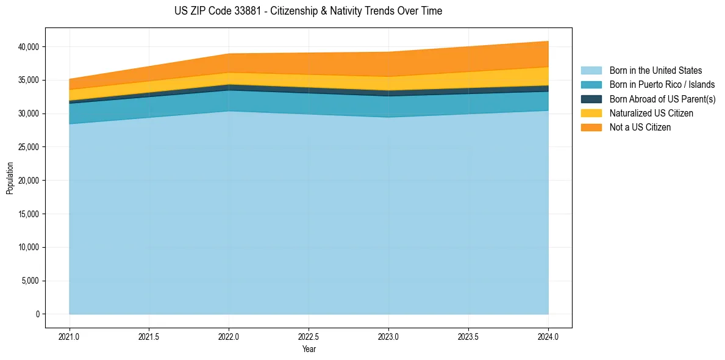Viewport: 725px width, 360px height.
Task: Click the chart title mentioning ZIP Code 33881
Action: click(x=308, y=11)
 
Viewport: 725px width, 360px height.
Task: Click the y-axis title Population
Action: click(x=10, y=178)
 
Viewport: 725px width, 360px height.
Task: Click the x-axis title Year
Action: click(x=309, y=349)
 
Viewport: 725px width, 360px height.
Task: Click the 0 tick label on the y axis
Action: click(x=37, y=314)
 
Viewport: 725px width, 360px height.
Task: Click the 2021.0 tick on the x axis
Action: click(x=70, y=336)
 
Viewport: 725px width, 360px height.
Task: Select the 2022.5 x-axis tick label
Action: click(x=309, y=336)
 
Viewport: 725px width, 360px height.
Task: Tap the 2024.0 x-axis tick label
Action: click(x=548, y=336)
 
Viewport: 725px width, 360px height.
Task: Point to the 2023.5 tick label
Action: click(x=468, y=336)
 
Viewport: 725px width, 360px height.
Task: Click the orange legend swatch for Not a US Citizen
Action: click(x=591, y=127)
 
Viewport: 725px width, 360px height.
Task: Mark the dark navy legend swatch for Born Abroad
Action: click(x=591, y=99)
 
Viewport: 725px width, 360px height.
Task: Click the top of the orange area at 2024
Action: click(x=548, y=41)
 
